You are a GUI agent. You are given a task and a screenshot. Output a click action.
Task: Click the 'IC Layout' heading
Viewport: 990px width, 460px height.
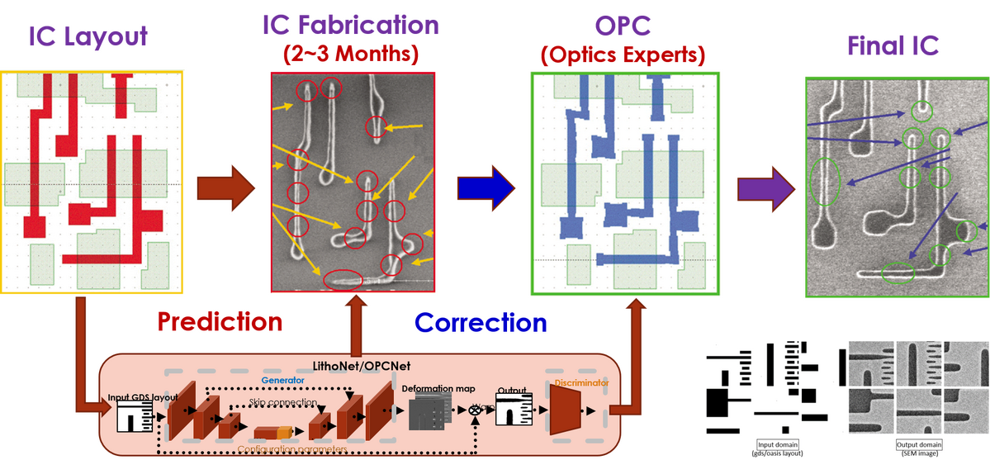click(88, 37)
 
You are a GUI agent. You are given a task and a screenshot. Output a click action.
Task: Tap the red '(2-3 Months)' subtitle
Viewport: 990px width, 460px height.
click(351, 56)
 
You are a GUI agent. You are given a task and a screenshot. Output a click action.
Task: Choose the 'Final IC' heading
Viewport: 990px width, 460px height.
click(895, 46)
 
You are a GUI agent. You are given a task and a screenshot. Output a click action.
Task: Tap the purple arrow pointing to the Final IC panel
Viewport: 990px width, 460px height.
click(765, 183)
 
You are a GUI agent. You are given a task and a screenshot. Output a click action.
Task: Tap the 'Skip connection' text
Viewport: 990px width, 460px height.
click(283, 402)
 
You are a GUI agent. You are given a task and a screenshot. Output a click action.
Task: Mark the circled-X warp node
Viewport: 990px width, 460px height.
click(475, 410)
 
